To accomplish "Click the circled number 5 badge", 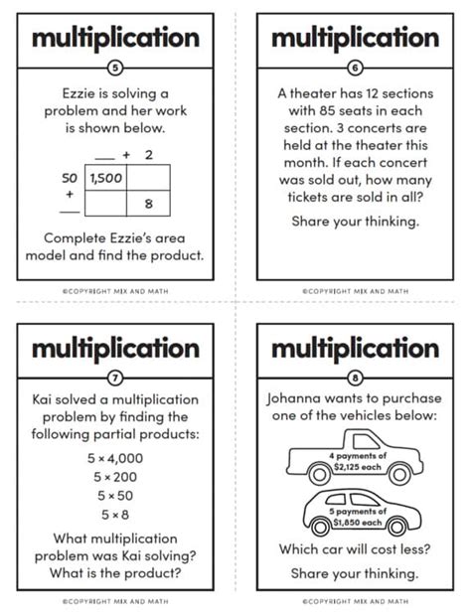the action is tap(116, 68).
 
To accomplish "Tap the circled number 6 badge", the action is tap(356, 68).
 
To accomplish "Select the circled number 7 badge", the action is tap(116, 378).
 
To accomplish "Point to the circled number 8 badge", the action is tap(356, 378).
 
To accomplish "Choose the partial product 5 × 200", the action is tap(116, 476).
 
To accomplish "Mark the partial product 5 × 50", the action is tap(116, 495).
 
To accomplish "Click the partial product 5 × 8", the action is tap(116, 514).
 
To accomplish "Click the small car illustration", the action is tap(355, 512).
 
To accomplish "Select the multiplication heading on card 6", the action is tap(356, 38).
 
